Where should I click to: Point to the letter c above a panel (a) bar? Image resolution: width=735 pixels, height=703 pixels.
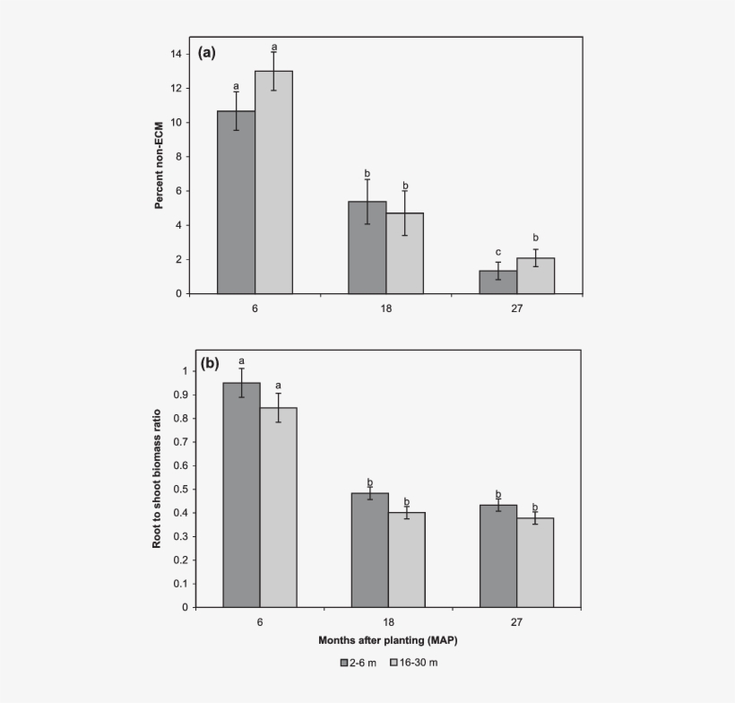pos(497,252)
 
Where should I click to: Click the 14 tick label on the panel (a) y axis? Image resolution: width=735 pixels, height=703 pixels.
pos(177,54)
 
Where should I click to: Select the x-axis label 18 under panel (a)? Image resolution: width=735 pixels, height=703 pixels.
pos(385,308)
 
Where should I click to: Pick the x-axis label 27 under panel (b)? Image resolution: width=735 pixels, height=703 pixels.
pos(516,622)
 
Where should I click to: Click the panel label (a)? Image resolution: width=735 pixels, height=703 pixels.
pos(207,52)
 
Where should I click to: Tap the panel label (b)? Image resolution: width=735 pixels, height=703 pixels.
pos(210,363)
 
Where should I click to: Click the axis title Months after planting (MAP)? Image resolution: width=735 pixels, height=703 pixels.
pos(389,641)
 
